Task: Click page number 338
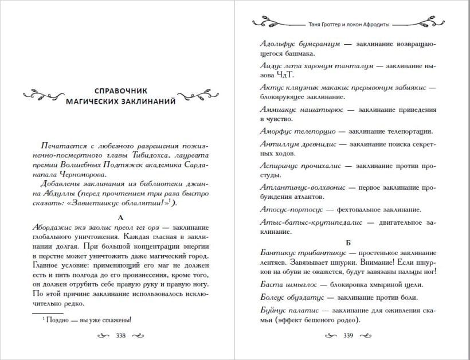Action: point(120,336)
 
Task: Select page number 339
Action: point(347,336)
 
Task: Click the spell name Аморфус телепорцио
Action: point(292,131)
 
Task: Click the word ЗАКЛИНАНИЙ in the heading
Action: point(151,101)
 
